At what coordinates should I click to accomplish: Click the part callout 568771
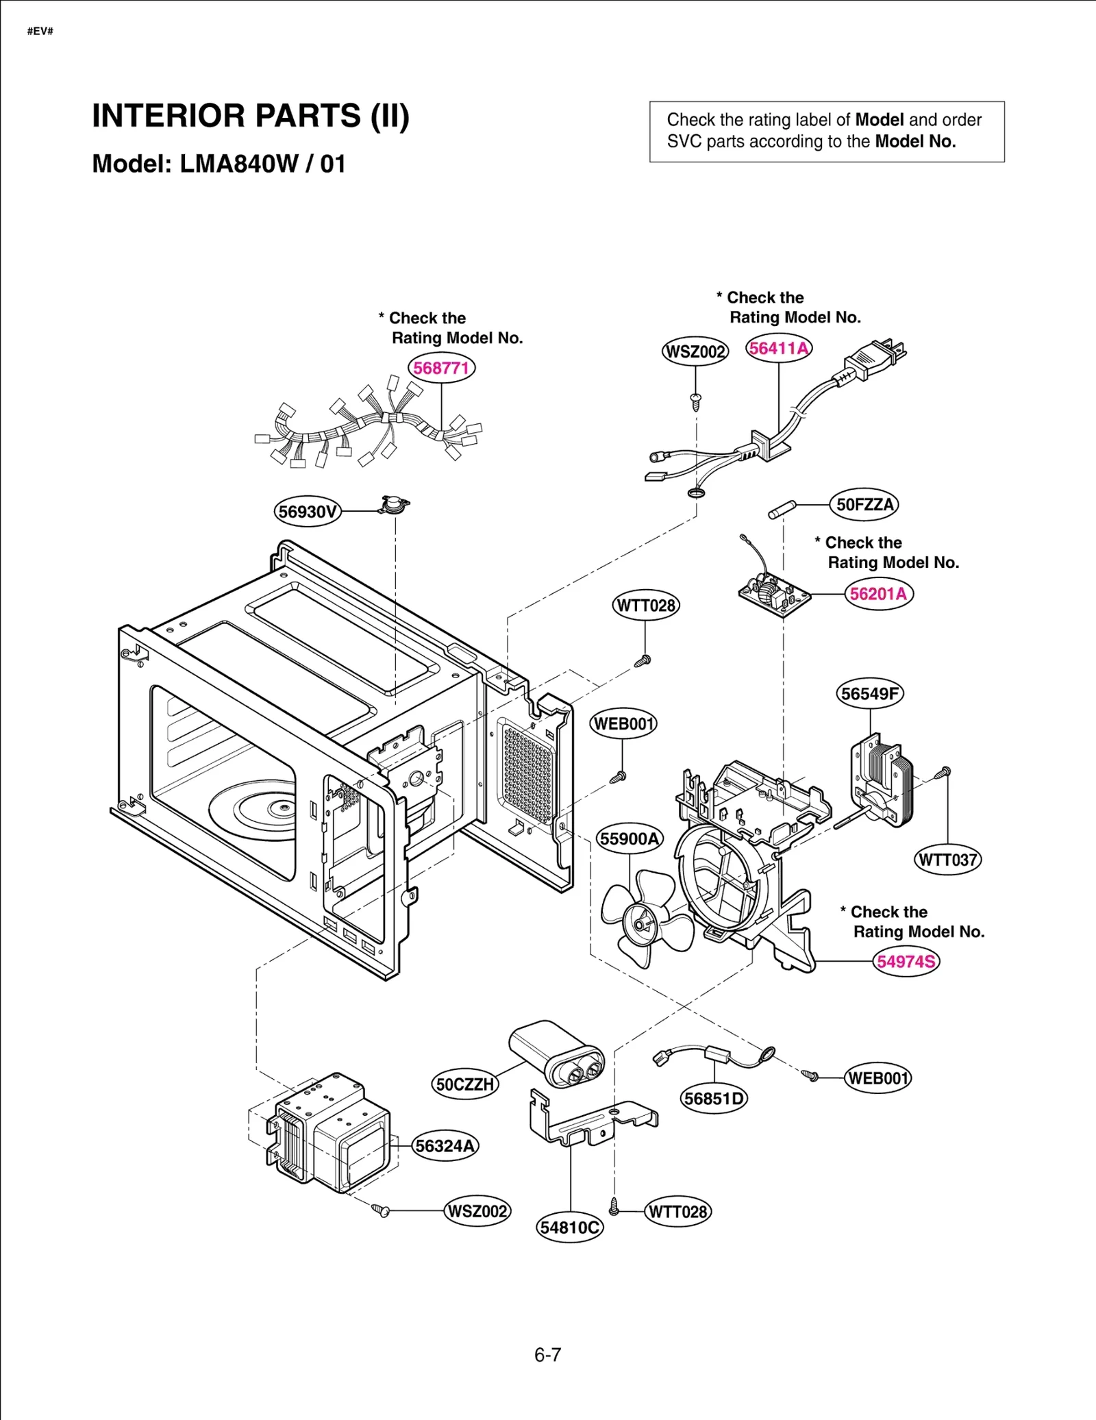coord(441,368)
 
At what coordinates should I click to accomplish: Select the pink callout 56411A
coord(779,349)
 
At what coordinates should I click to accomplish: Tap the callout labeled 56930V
coord(308,512)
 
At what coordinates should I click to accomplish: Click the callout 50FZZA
coord(864,505)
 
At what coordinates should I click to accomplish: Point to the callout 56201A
coord(878,594)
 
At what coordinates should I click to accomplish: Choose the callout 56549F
coord(870,694)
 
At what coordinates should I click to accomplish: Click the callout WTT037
coord(948,860)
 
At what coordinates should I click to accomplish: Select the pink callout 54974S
coord(906,962)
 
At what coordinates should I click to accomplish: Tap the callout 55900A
coord(630,839)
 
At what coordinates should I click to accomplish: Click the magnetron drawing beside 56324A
coord(329,1134)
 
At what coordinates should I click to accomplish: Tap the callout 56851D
coord(714,1099)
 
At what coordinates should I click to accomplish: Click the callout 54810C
coord(569,1228)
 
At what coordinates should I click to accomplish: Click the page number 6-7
coord(547,1355)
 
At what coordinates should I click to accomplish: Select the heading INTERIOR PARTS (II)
coord(251,116)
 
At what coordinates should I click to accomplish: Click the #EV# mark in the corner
coord(40,32)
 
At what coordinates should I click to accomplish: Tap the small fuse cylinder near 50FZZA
coord(782,510)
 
